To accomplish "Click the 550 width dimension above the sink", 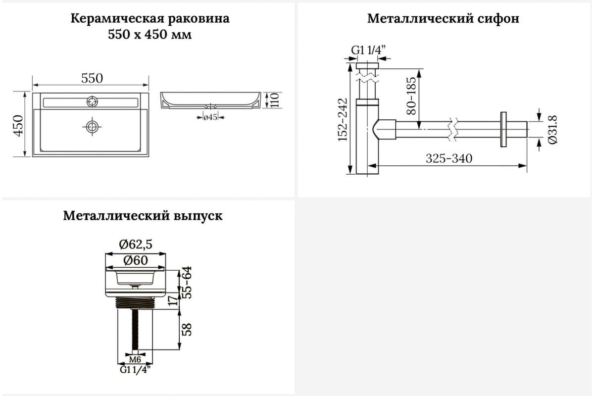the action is [92, 78].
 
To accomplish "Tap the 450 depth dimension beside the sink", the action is [19, 126].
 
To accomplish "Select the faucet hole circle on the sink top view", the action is [92, 101].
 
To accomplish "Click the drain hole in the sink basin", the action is [92, 127].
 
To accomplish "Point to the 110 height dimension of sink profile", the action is [275, 100].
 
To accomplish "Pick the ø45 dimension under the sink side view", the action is [210, 117].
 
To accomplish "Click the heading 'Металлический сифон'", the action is [443, 19].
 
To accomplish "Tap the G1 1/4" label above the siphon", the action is [368, 49].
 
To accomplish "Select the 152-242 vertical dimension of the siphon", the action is [343, 120].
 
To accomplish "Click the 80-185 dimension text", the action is [411, 96].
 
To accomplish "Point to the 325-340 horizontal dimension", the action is [449, 158].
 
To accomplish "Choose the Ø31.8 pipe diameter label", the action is [552, 130].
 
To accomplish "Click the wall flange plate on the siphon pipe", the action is [503, 129].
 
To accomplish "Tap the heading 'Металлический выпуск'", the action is [143, 216].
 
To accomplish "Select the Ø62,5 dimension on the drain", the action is [136, 244].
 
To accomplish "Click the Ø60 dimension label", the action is [136, 260].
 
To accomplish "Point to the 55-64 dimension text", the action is [187, 282].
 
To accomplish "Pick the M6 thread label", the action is [135, 359].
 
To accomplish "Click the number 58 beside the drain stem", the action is [187, 329].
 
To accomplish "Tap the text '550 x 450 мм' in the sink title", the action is [150, 35].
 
